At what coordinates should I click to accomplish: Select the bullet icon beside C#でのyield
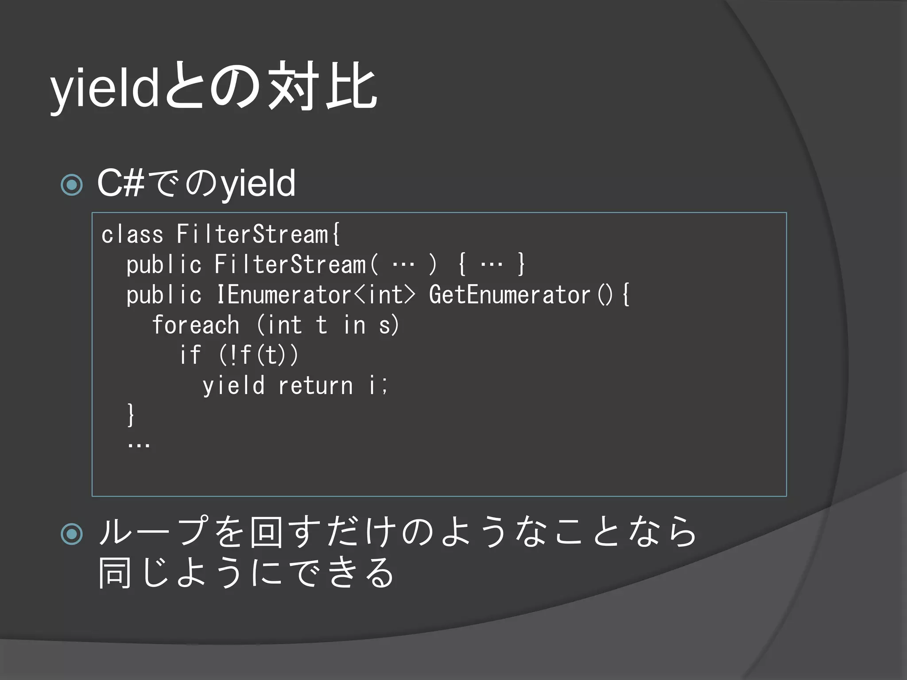pyautogui.click(x=72, y=185)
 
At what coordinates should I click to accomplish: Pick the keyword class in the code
pyautogui.click(x=132, y=234)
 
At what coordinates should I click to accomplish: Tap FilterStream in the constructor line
pyautogui.click(x=291, y=264)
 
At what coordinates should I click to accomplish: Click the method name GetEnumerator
pyautogui.click(x=509, y=294)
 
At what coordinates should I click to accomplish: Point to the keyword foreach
pyautogui.click(x=196, y=325)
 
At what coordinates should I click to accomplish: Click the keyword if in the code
pyautogui.click(x=190, y=355)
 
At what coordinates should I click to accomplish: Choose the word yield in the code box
pyautogui.click(x=233, y=385)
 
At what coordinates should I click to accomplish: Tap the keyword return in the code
pyautogui.click(x=315, y=385)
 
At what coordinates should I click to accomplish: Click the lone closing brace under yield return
pyautogui.click(x=130, y=415)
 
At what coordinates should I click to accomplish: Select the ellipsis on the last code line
pyautogui.click(x=139, y=444)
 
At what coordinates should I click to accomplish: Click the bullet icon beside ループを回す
pyautogui.click(x=72, y=533)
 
